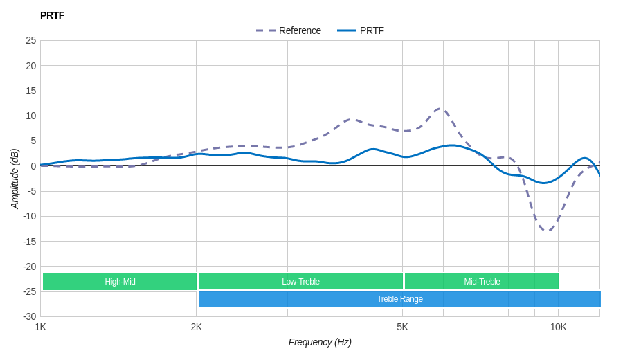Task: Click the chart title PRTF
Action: (52, 15)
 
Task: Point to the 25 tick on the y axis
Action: (30, 40)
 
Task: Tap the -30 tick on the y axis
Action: (29, 316)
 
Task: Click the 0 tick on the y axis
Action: (33, 166)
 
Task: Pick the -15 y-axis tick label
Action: (29, 241)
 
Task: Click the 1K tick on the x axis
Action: (41, 327)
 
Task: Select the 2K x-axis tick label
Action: (197, 327)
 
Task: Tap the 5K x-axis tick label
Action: (402, 327)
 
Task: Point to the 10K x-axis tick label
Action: (558, 327)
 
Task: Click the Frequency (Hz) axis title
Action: (320, 342)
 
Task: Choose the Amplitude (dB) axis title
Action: (15, 179)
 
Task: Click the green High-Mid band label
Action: (120, 282)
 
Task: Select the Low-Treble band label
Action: (300, 282)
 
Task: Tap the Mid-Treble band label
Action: (482, 282)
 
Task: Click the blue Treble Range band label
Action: (399, 299)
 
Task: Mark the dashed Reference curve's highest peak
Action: (440, 109)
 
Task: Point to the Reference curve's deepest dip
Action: (547, 231)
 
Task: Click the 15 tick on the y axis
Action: (30, 91)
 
